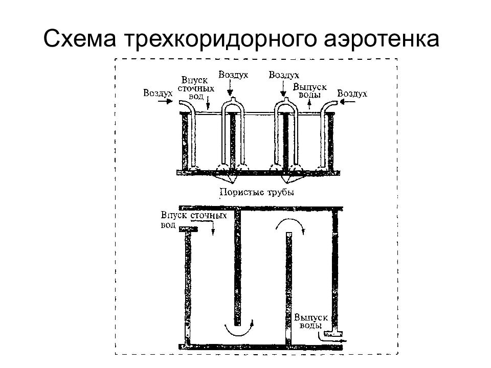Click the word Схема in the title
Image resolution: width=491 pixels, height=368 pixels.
(80, 39)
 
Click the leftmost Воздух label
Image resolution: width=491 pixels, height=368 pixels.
(158, 93)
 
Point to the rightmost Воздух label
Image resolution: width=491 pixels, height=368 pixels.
(352, 94)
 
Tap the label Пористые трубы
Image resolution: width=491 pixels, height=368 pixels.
(257, 192)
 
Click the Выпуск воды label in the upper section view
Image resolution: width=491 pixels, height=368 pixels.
(309, 90)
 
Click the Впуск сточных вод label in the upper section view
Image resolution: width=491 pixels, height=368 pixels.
(196, 88)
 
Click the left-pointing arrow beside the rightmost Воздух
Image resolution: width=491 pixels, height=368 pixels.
(347, 101)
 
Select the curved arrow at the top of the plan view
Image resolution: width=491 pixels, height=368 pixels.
(290, 221)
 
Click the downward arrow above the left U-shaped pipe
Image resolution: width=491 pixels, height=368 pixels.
(231, 87)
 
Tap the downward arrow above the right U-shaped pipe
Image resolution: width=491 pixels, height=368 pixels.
(283, 87)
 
